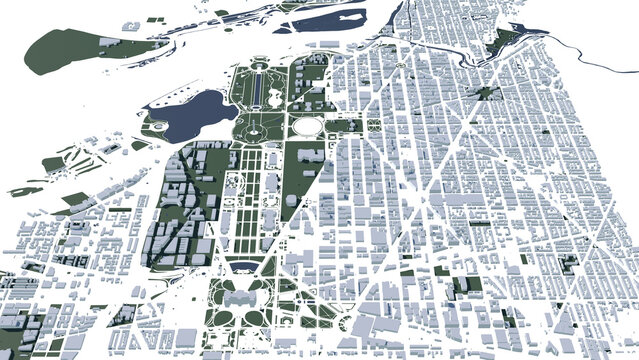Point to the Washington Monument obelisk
[262, 131]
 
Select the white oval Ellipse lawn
[306, 127]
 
